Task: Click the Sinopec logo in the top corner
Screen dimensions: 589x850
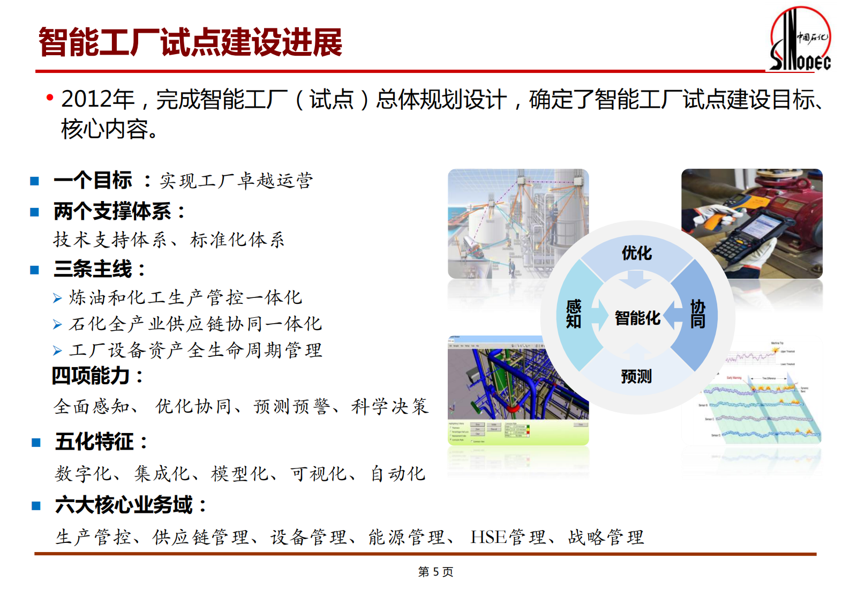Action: tap(800, 40)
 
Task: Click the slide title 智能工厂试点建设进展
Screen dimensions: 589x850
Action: tap(190, 42)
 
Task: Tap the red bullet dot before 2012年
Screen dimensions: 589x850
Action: tap(50, 98)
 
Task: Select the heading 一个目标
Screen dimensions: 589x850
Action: tap(93, 181)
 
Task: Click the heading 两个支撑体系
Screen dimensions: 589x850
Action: tap(112, 211)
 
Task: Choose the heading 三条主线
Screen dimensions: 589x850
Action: tap(93, 269)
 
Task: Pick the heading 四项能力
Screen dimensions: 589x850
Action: tap(91, 375)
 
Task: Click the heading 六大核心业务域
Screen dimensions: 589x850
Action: tap(124, 505)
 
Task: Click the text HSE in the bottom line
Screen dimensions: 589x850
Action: tap(488, 536)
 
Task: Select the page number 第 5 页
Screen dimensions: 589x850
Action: tap(435, 572)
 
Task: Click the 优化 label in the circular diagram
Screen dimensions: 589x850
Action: tap(636, 253)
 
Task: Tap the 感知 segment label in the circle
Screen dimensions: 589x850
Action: tap(574, 314)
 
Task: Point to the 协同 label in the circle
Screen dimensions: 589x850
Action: tap(697, 314)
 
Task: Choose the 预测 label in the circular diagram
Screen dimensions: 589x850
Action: tap(636, 376)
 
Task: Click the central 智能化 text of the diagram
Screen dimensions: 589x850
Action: tap(637, 318)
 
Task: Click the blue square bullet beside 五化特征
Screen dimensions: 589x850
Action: tap(36, 443)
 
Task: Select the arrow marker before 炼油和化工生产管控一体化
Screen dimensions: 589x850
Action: tap(57, 298)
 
